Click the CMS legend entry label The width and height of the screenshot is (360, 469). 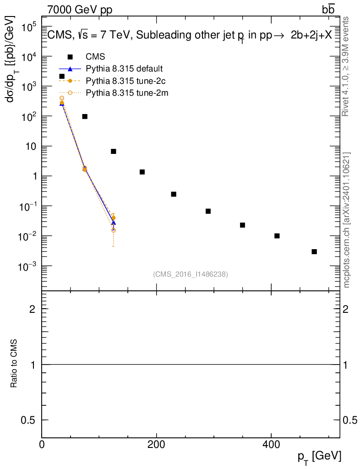coord(95,57)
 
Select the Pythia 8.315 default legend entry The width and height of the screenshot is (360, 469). coord(124,69)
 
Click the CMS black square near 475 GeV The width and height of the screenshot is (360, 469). coord(314,251)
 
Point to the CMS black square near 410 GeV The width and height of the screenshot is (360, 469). coord(277,236)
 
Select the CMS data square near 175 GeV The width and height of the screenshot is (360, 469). coord(142,172)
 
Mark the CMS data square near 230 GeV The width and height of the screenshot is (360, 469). coord(174,194)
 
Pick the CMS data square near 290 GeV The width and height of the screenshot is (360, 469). coord(208,211)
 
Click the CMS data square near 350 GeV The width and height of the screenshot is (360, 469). coord(243,225)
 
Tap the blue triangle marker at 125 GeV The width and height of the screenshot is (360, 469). coord(114,223)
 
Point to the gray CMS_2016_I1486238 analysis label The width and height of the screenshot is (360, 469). coord(191,274)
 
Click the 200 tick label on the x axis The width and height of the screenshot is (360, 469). coord(157,445)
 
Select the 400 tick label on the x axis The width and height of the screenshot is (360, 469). coord(272,445)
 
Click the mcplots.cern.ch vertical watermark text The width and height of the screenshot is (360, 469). coord(347,220)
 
